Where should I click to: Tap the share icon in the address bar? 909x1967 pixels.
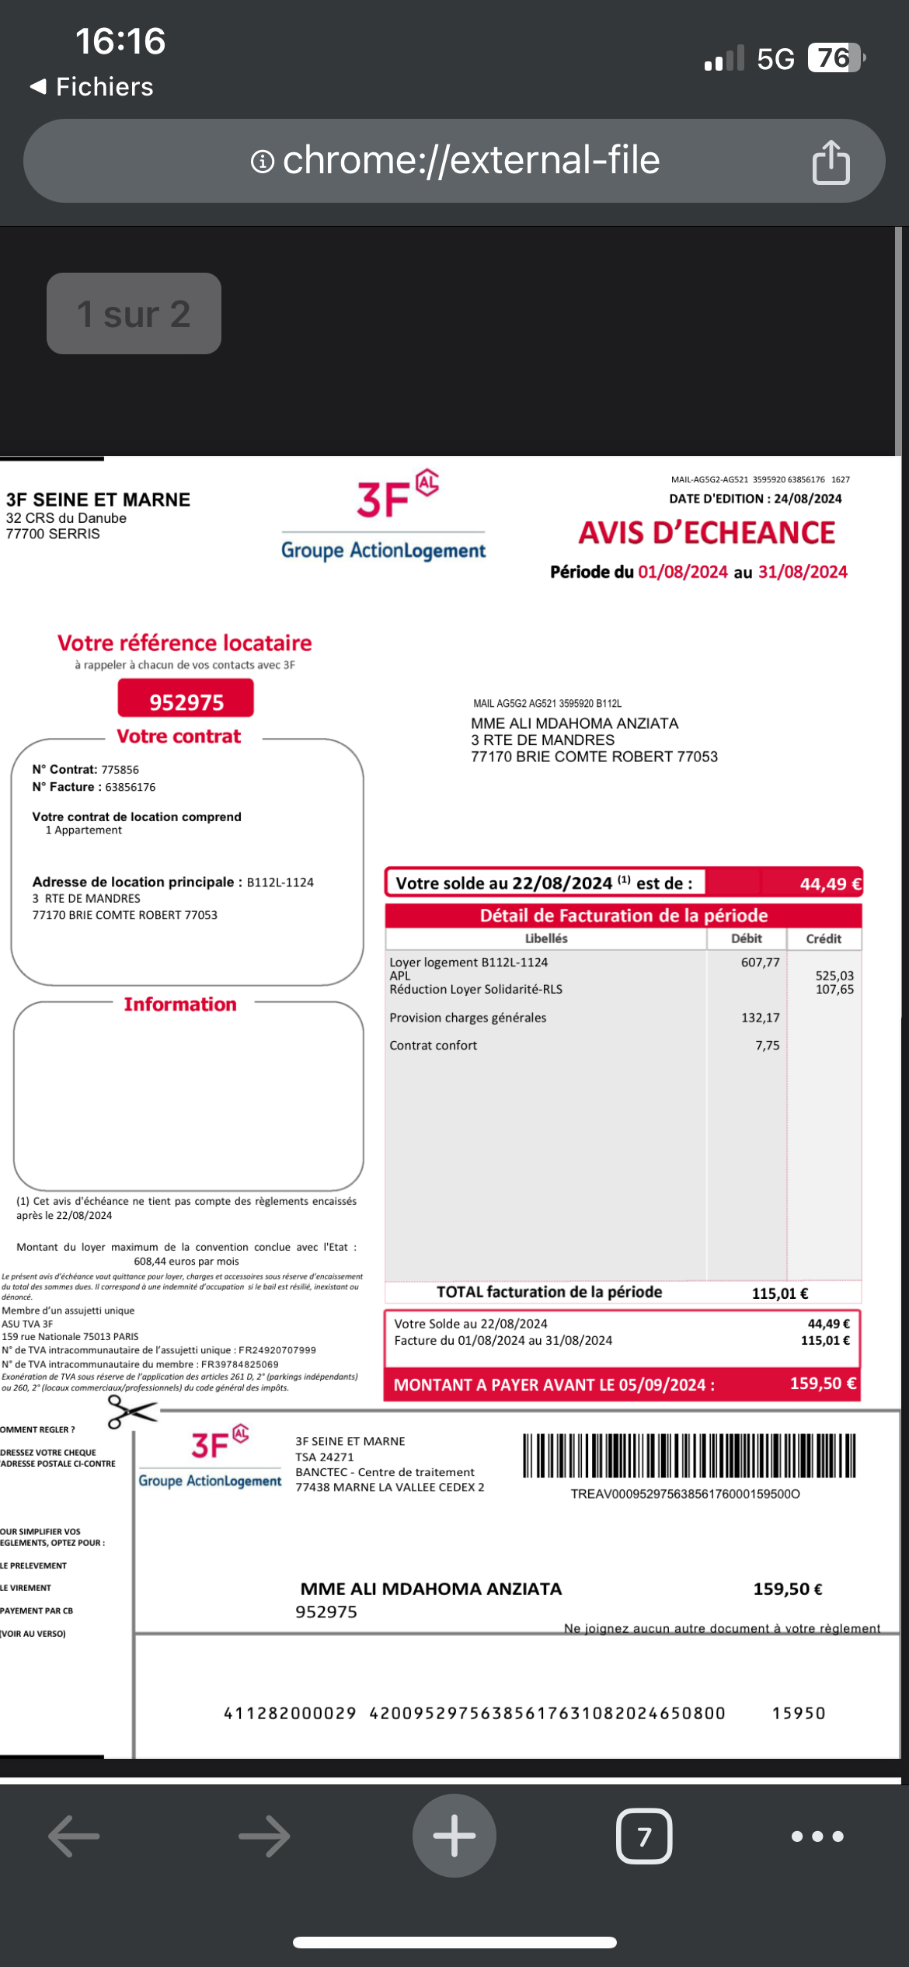coord(831,162)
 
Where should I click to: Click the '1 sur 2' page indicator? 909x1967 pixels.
coord(134,314)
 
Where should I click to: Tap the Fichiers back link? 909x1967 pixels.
coord(92,87)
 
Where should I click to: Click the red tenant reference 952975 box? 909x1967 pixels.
coord(186,700)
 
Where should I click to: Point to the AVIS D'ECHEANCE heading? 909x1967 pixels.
coord(706,533)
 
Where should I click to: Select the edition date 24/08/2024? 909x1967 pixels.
coord(807,499)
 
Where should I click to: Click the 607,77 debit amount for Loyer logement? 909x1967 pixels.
coord(760,963)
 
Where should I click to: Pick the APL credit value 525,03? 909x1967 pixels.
coord(834,976)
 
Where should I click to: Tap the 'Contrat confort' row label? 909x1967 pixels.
coord(434,1046)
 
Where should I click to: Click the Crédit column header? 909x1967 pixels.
coord(824,938)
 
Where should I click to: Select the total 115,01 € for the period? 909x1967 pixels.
coord(779,1293)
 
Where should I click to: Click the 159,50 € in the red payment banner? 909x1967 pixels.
coord(823,1384)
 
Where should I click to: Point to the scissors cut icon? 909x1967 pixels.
coord(131,1411)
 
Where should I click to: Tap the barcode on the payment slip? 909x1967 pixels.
coord(688,1456)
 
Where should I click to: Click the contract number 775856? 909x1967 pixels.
coord(120,770)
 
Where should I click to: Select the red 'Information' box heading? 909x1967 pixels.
coord(180,1004)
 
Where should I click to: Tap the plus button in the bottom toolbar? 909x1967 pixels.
coord(454,1836)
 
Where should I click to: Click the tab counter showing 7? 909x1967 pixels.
coord(644,1836)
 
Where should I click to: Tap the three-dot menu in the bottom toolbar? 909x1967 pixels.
coord(817,1836)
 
